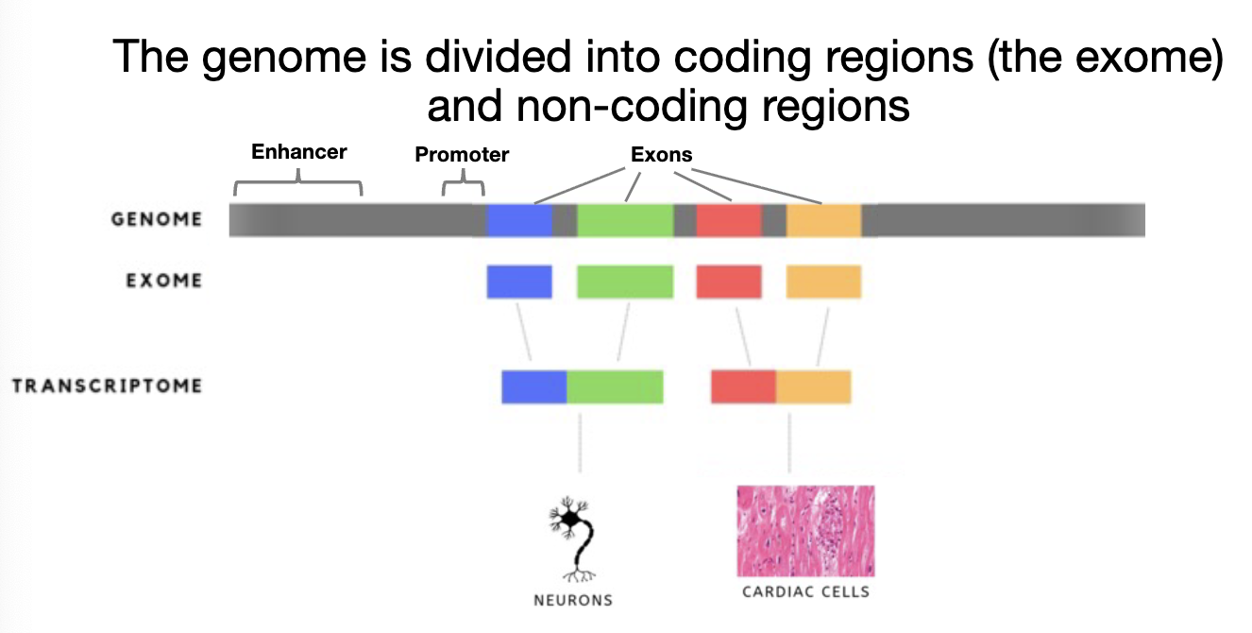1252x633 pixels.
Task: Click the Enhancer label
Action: click(298, 151)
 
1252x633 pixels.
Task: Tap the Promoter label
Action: click(462, 154)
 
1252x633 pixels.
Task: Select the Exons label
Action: click(661, 154)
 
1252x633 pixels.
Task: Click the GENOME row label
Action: click(157, 219)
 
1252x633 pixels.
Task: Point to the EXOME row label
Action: click(164, 281)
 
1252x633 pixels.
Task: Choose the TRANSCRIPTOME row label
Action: click(107, 385)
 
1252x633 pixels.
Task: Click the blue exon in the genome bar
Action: click(519, 219)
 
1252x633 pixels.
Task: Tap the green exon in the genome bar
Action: click(625, 219)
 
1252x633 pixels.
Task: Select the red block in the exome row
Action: click(729, 282)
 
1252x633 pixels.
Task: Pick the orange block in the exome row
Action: click(823, 282)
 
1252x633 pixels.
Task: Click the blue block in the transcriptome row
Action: click(533, 386)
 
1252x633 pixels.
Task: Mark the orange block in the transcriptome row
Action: click(813, 386)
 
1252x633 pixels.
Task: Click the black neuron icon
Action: click(572, 539)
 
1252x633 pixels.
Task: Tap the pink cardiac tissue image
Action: click(805, 530)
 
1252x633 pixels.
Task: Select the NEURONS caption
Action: click(573, 600)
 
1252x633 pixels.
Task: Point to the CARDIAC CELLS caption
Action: click(805, 592)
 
